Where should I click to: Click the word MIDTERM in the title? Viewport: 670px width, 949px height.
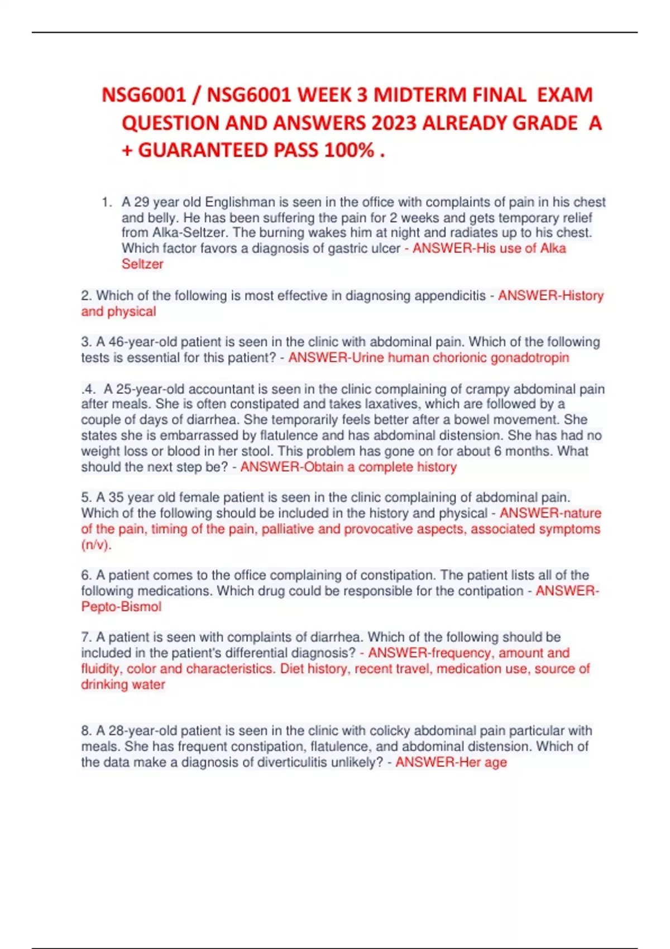click(420, 95)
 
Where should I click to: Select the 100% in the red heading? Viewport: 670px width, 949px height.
click(350, 150)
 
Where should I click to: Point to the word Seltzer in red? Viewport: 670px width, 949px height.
click(142, 264)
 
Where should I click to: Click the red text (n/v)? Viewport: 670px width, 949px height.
click(96, 545)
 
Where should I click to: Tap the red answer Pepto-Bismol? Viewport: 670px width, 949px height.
click(121, 607)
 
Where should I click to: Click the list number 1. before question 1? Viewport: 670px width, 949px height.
click(107, 202)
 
